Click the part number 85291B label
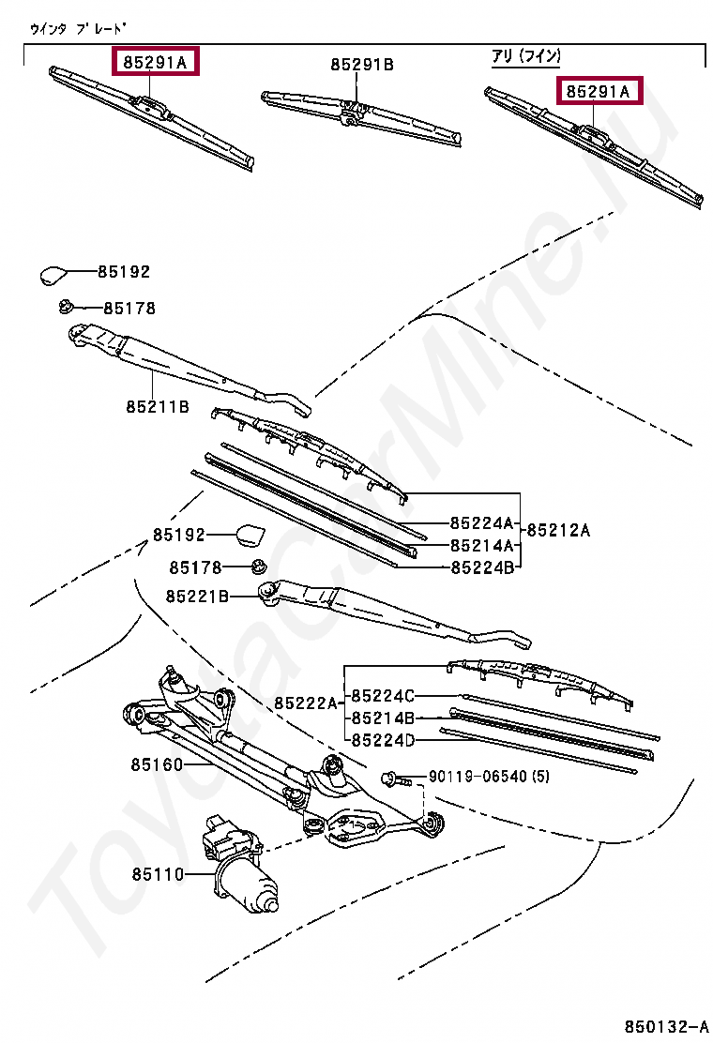tap(361, 65)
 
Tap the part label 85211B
tap(158, 406)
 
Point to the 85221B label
tap(197, 596)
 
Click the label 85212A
tap(558, 530)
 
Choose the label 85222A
tap(306, 703)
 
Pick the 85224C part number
tap(382, 696)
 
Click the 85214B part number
tap(382, 718)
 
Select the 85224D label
tap(382, 740)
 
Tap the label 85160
tap(157, 764)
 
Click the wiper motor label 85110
tap(157, 873)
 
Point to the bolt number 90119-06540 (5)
tap(490, 777)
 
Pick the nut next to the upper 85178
tap(66, 306)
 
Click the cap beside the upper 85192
tap(53, 274)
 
